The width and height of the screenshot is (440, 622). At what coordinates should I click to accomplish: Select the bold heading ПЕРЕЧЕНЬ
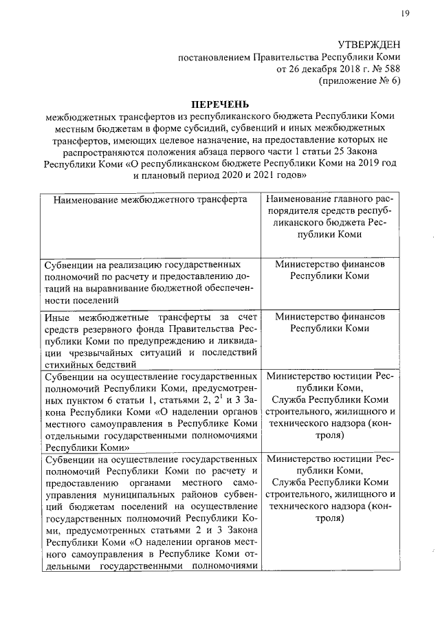pyautogui.click(x=219, y=103)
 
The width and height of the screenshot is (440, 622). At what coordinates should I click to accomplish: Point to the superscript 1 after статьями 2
pyautogui.click(x=218, y=397)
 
